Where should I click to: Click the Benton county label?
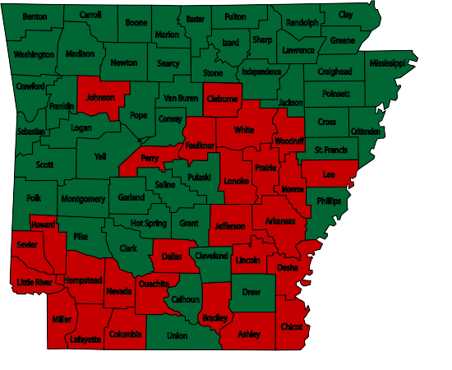(35, 16)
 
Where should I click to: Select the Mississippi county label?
(387, 63)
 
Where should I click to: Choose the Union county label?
(177, 335)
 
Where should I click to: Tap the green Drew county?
(251, 291)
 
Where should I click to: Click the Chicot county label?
(292, 326)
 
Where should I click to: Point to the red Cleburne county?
(222, 99)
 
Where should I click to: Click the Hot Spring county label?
(149, 223)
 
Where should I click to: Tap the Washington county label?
(35, 54)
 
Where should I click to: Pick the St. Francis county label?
(331, 150)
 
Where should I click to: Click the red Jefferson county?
(230, 225)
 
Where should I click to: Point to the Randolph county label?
(303, 23)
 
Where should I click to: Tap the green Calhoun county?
(188, 300)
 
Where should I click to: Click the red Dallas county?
(172, 256)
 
